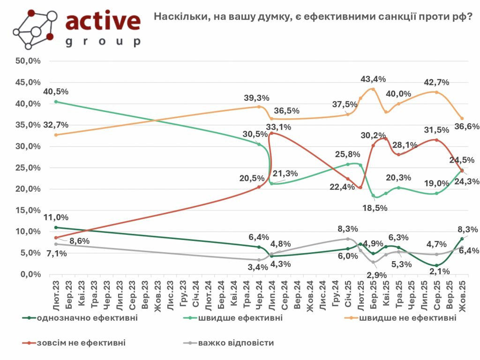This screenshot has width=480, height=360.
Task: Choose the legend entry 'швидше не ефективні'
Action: click(406, 318)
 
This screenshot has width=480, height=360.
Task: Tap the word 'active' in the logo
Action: click(103, 21)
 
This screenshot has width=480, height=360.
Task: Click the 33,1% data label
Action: click(278, 127)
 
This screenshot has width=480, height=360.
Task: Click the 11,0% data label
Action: click(55, 217)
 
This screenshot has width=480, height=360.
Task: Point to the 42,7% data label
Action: click(436, 82)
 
